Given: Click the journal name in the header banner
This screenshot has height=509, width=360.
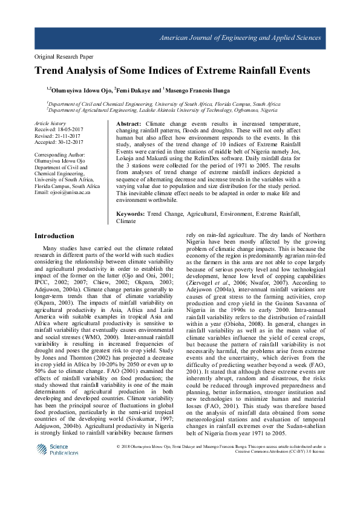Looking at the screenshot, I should (x=240, y=37).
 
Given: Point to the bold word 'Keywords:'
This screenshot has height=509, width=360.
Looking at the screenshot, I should (x=130, y=215).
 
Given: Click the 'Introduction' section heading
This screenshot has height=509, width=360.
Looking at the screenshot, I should (x=54, y=236).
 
